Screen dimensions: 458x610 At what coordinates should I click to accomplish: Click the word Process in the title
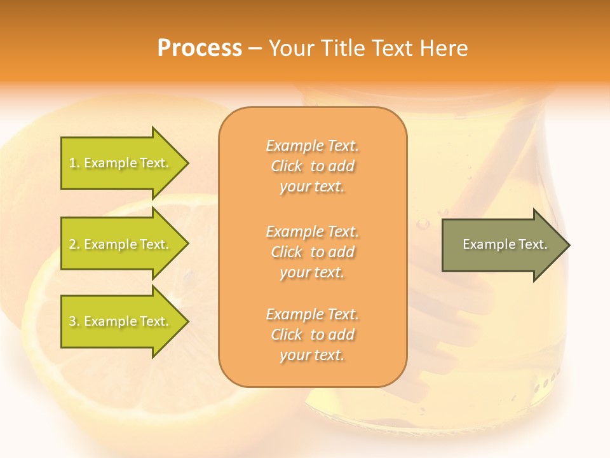200,48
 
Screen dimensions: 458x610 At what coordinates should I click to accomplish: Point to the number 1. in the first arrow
74,163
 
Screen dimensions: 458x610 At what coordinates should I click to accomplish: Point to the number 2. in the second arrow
74,244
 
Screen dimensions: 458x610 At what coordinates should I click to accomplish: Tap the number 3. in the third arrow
74,322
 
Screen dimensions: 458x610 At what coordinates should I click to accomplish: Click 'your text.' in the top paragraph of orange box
312,187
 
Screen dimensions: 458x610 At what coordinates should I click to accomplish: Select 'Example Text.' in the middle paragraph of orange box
312,231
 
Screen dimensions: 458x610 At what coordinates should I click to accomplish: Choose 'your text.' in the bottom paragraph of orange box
312,356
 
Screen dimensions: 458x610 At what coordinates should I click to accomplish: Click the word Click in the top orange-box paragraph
287,167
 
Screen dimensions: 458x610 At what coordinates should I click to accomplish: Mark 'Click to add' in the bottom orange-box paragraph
312,335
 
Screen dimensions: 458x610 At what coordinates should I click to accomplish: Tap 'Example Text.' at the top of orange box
312,146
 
